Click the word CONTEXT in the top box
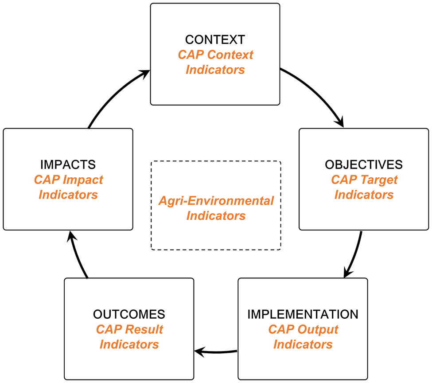(x=215, y=39)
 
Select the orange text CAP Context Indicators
(x=215, y=62)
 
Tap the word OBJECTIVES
(x=364, y=164)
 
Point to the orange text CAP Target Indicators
(x=364, y=187)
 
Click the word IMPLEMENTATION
(x=303, y=314)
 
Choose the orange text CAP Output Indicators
(x=303, y=337)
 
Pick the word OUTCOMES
(x=129, y=314)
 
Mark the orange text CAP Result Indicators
(x=129, y=337)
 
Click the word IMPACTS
(x=68, y=164)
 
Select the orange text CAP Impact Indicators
(x=68, y=187)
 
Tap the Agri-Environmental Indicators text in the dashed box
(x=216, y=208)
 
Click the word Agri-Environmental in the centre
(x=216, y=201)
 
